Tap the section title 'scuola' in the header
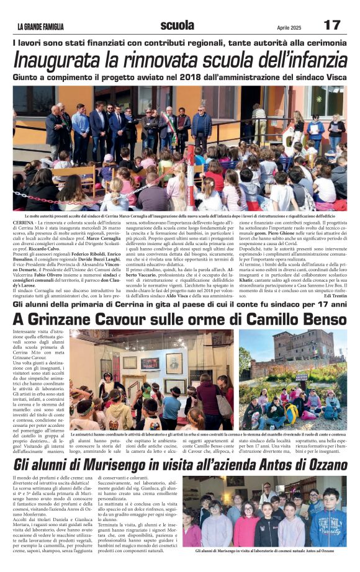177,25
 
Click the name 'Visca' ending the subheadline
332,78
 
